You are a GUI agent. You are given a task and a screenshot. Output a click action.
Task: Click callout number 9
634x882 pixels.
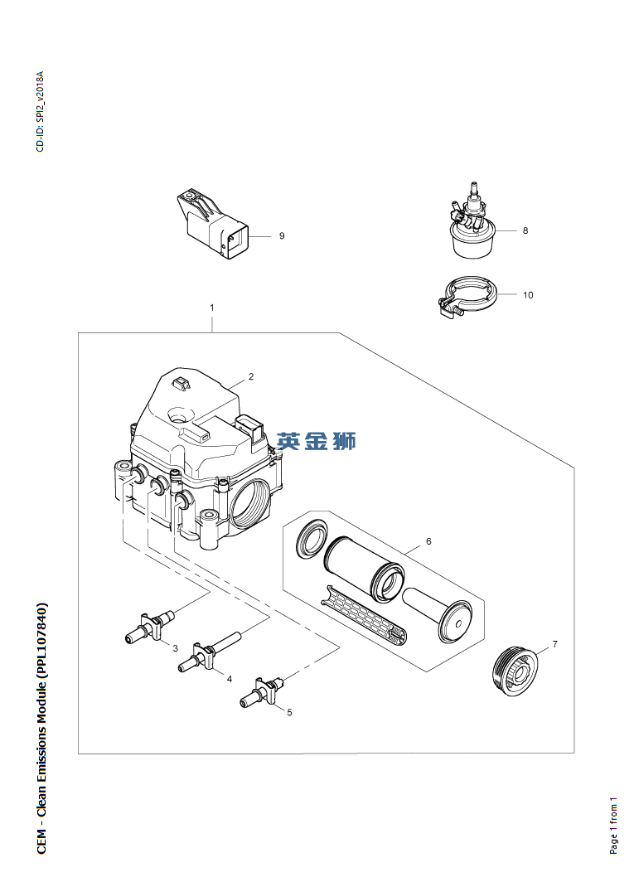coord(282,235)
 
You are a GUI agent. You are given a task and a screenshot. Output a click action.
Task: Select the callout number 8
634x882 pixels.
coord(525,230)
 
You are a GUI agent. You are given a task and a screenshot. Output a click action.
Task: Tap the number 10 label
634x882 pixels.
coord(528,295)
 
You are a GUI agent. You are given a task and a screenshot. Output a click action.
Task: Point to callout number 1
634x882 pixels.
coord(212,308)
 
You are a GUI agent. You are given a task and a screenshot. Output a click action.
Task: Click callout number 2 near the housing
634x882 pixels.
coord(251,376)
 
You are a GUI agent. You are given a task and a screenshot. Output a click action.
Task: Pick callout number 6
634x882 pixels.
coord(428,541)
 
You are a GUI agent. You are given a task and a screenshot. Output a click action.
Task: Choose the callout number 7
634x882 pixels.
coord(554,644)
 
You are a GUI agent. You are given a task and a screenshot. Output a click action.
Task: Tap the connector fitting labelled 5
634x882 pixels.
coord(262,692)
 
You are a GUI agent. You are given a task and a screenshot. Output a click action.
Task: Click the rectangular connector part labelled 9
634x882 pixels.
coord(213,224)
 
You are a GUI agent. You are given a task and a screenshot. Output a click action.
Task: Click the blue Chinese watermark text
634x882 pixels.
coord(317,442)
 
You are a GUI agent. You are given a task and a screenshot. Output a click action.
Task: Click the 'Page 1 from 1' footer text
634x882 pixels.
coord(613,825)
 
